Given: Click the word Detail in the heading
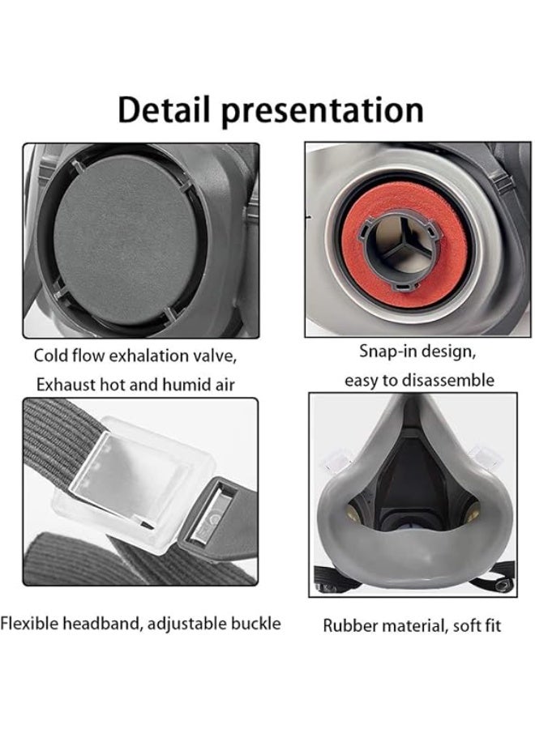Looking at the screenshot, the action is pos(165,109).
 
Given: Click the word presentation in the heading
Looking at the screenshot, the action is pos(323,112).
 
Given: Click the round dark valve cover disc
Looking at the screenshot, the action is pos(126,240).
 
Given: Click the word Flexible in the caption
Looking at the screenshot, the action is pos(30,623).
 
